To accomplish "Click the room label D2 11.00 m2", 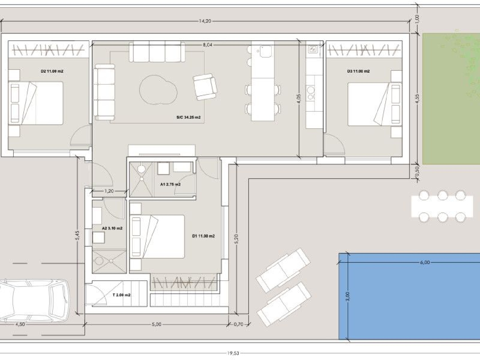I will tap(52, 71).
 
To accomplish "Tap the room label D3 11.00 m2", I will tap(358, 71).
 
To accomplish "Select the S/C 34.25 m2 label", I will tap(188, 117).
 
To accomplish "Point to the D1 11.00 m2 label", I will tap(203, 236).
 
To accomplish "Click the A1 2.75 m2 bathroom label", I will tap(170, 184).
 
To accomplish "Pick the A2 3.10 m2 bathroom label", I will tap(112, 228).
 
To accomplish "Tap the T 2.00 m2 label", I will tap(121, 295).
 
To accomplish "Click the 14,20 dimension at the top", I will tap(205, 21).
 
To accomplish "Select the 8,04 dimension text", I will tap(207, 45).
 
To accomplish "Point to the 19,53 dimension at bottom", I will tap(233, 353).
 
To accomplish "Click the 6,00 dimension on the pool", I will tap(425, 262).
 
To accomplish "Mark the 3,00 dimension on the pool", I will tap(348, 296).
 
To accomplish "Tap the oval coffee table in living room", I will tap(158, 90).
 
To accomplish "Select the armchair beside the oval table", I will tap(205, 87).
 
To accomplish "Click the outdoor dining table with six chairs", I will tap(442, 206).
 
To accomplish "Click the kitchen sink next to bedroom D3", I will tap(313, 50).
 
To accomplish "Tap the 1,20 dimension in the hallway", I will tap(109, 191).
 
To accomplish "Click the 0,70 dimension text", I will tap(238, 324).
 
